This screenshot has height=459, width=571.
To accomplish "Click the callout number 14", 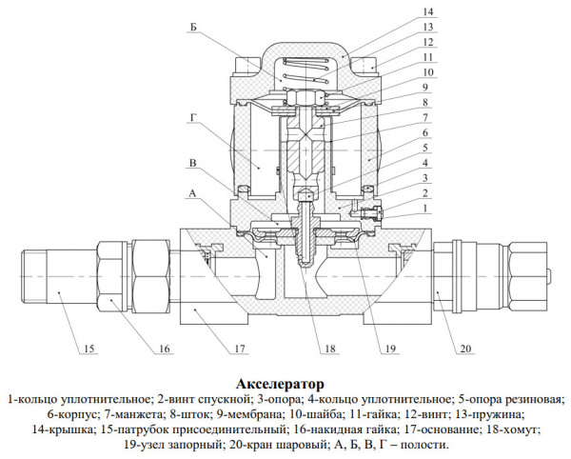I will [428, 11].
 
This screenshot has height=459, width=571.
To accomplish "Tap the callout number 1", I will [428, 207].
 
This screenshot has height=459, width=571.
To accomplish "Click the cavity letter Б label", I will [193, 30].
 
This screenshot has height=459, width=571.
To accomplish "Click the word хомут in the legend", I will [515, 429].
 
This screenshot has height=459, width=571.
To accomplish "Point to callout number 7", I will [428, 117].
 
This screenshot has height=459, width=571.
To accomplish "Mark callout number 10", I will [428, 70].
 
